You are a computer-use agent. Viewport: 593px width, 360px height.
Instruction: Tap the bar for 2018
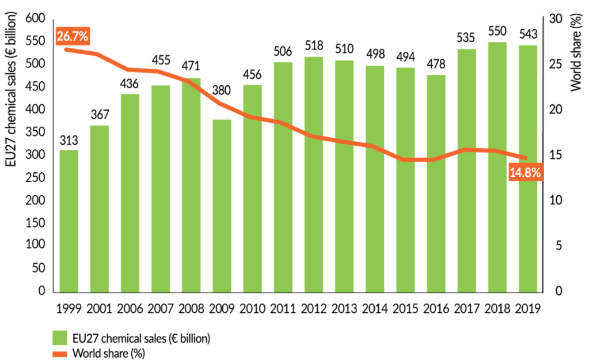coord(497,166)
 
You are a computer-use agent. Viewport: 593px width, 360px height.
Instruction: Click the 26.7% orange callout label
coord(73,36)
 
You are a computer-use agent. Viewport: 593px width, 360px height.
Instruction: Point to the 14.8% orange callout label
coord(525,172)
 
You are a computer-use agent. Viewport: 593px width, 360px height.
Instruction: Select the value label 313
coord(69,139)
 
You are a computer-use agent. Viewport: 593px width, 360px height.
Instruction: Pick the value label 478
coord(436,65)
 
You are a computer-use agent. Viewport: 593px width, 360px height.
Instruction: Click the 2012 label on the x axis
coord(314,308)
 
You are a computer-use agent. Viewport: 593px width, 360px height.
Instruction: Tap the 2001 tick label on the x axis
coord(100,308)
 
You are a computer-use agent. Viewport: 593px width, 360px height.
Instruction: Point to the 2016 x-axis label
coord(436,308)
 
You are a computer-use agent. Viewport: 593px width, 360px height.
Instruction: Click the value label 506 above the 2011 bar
coord(283,52)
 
